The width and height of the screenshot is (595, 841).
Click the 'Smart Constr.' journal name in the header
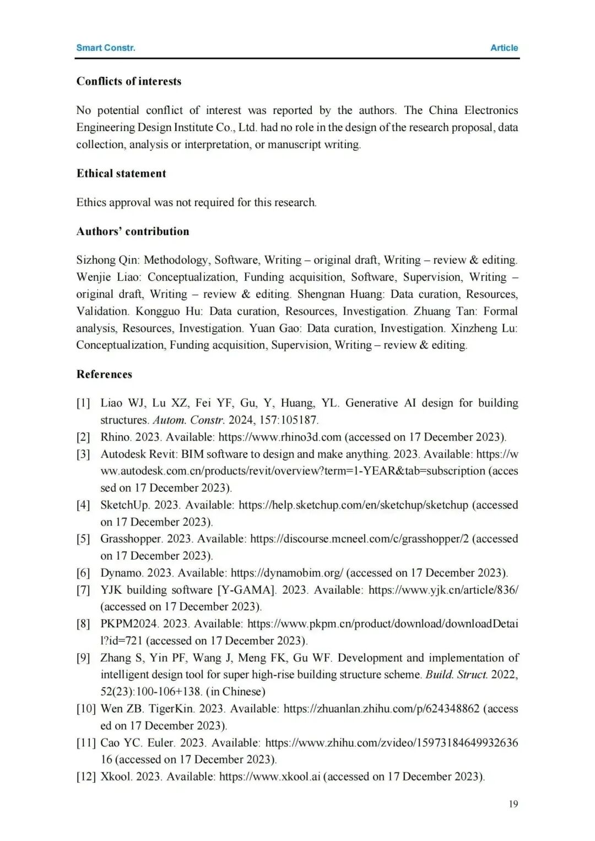pos(105,48)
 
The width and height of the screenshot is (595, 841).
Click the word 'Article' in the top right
pos(504,48)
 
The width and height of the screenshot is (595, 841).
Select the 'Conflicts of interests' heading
pos(128,82)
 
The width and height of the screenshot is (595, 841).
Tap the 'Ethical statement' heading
pos(121,173)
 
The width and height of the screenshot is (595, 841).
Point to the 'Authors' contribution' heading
pos(132,231)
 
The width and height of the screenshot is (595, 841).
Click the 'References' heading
pos(104,375)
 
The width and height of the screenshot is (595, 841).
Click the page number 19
pos(513,804)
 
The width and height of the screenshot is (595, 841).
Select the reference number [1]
pos(83,403)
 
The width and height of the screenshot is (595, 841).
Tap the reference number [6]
pos(83,573)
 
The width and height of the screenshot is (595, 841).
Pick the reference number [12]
pos(86,777)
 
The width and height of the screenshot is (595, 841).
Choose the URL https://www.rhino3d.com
pos(280,437)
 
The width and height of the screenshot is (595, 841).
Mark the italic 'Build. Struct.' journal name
pos(456,675)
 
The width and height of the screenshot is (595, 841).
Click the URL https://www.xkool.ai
pos(269,777)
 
